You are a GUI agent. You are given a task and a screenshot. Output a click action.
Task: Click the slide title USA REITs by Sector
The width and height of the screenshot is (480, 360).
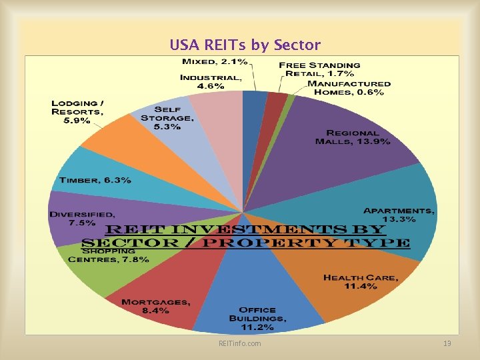[x=245, y=45]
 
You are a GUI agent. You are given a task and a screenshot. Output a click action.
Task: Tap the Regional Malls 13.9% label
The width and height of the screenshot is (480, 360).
[x=353, y=137]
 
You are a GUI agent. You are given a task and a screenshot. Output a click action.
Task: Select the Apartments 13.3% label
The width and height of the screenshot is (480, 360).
[x=399, y=215]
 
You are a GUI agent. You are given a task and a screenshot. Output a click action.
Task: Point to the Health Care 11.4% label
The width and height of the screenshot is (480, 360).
[x=361, y=281]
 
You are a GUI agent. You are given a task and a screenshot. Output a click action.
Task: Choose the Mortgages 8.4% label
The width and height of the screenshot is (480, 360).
[x=155, y=307]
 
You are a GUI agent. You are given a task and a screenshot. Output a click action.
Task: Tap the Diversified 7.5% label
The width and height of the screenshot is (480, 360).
[x=82, y=219]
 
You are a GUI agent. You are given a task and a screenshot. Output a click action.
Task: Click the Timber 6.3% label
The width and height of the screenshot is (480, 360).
[x=95, y=180]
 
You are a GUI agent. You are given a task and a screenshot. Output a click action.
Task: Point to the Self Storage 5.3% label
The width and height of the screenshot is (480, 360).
[x=167, y=118]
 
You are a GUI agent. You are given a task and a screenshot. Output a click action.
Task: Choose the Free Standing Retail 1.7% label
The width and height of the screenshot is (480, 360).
[x=319, y=69]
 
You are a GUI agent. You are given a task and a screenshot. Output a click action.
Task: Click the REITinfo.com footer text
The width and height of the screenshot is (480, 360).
[x=240, y=343]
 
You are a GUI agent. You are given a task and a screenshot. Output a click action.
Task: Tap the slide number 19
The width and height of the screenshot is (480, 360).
[x=447, y=343]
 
